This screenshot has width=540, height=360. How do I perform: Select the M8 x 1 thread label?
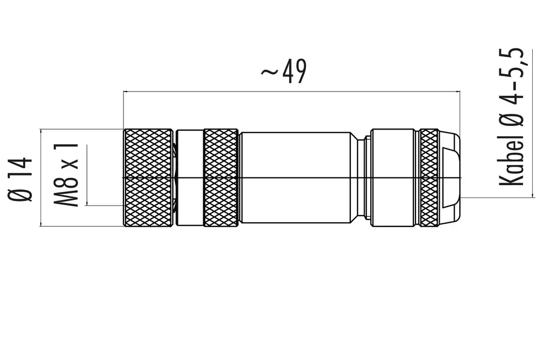[x=67, y=175]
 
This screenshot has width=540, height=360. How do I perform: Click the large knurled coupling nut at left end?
[x=148, y=177]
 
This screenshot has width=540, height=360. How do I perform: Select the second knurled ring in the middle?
[x=221, y=177]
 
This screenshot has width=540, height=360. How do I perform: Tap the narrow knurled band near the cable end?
[x=428, y=177]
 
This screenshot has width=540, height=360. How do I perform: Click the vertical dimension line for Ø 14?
[x=41, y=177]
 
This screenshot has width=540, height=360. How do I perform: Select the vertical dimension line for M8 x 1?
[x=87, y=175]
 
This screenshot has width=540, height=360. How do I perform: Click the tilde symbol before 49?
[x=269, y=72]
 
